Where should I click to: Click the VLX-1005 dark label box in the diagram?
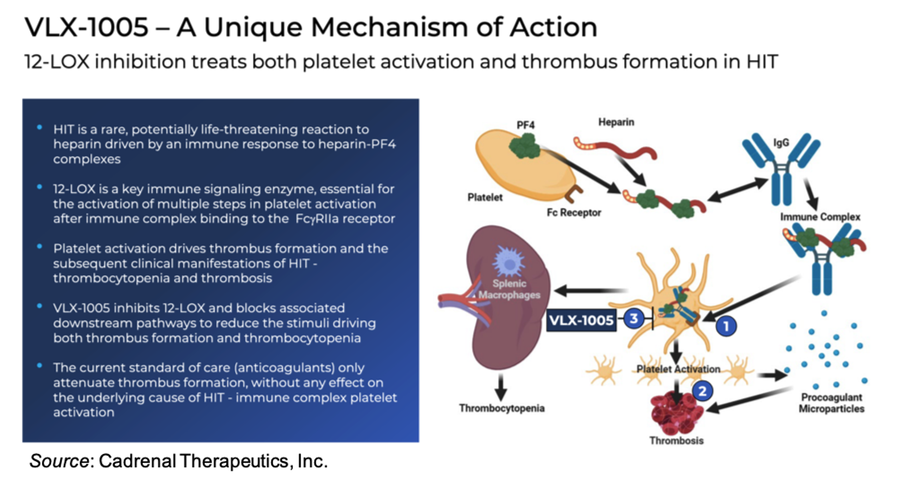pos(581,320)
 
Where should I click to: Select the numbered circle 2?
pos(702,391)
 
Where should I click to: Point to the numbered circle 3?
pos(634,318)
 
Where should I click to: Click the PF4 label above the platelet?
pos(525,125)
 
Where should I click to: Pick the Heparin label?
pos(616,122)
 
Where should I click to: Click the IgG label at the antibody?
pos(781,143)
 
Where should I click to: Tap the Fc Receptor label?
pos(574,213)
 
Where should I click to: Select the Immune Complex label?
pos(820,217)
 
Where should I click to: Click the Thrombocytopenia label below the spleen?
pos(501,409)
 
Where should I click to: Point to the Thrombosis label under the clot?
pos(676,441)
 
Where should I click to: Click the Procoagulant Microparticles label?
pos(831,403)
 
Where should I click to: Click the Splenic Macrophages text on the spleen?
pos(509,289)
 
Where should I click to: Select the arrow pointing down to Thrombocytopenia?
pos(500,387)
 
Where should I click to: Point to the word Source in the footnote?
pos(59,461)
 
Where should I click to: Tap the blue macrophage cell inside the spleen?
pos(509,261)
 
